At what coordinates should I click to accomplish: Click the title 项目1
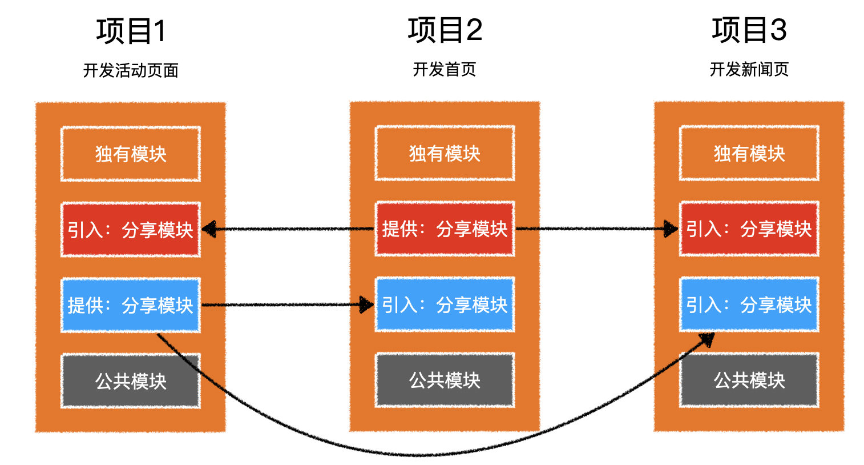coord(131,31)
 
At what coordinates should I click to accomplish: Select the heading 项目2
coord(445,30)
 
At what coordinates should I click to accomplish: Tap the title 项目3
coord(749,30)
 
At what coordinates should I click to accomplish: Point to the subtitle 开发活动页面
coord(131,70)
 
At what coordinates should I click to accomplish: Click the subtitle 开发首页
coord(445,69)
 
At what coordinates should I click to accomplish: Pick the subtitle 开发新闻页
coord(749,69)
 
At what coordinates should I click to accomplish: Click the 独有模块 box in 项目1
coord(131,154)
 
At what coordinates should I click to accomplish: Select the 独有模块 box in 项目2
coord(445,153)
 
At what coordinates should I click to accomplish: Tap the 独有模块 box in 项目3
coord(749,153)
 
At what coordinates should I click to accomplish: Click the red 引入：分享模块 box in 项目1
coord(131,230)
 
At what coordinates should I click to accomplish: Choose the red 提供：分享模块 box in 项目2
coord(445,229)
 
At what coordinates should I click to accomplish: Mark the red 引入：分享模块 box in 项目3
coord(749,229)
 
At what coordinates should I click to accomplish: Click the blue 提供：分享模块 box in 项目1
coord(131,305)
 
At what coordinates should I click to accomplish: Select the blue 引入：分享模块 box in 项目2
coord(445,304)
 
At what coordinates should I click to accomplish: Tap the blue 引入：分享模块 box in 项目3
coord(749,304)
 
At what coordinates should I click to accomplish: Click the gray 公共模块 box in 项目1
coord(131,380)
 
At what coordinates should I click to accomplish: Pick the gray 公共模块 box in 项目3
coord(749,380)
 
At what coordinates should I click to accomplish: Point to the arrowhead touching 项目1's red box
coord(209,230)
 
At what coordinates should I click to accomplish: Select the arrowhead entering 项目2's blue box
coord(366,304)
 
